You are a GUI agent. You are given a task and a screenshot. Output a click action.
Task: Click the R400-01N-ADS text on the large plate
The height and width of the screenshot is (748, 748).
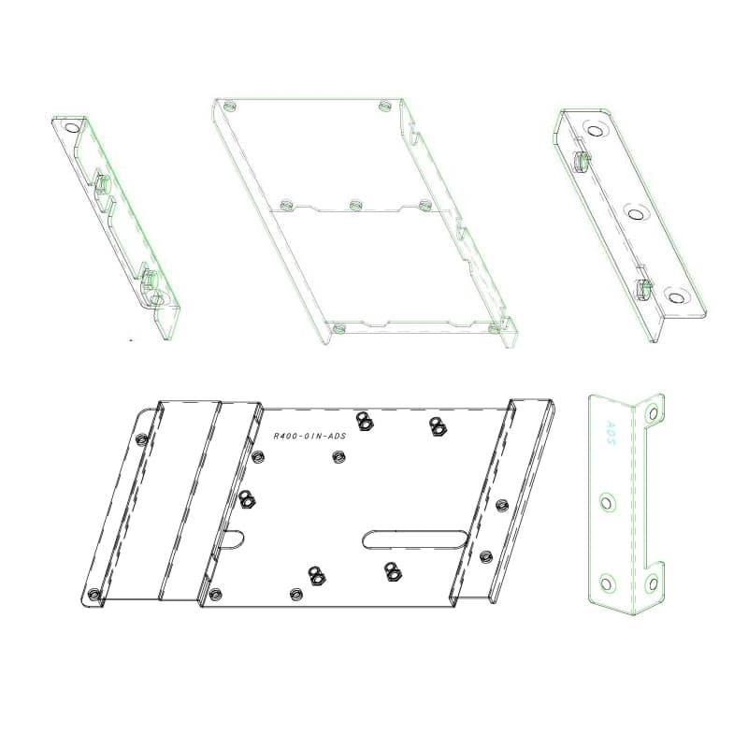click(309, 436)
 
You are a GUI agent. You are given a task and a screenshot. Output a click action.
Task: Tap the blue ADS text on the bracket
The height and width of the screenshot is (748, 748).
click(611, 432)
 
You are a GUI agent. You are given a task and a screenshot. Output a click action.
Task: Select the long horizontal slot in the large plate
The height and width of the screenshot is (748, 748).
click(414, 539)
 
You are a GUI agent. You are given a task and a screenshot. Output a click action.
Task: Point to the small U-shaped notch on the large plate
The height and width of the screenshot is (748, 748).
click(232, 539)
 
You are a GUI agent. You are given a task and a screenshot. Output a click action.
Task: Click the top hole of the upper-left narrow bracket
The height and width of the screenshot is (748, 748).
click(73, 127)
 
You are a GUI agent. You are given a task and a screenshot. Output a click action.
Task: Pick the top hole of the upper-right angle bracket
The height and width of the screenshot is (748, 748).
click(595, 131)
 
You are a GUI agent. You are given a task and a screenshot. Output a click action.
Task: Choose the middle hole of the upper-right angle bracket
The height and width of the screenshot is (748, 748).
click(635, 214)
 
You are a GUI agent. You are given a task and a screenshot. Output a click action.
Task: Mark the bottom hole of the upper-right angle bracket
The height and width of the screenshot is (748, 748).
click(675, 297)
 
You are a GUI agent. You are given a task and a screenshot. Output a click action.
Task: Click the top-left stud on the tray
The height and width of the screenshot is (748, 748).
click(230, 106)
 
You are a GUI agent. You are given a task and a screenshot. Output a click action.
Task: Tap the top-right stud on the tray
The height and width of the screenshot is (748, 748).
click(384, 106)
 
